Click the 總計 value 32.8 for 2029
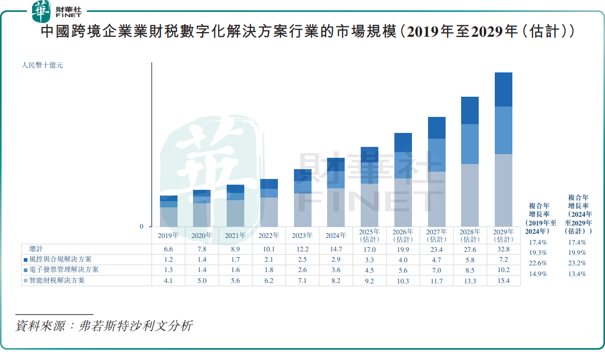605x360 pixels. click(x=503, y=249)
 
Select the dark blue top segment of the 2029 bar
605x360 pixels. click(x=503, y=89)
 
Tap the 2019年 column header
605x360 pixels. click(x=168, y=235)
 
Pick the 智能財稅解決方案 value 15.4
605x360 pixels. click(x=503, y=280)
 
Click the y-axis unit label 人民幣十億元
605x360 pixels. click(x=42, y=66)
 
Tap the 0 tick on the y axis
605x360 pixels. click(x=141, y=227)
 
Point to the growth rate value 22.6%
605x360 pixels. click(x=538, y=263)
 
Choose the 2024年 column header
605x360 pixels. click(x=335, y=235)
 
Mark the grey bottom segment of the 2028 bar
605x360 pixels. click(x=470, y=195)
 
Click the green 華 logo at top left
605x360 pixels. click(x=41, y=11)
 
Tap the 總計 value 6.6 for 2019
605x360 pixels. click(x=168, y=249)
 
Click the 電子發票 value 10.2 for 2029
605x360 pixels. click(x=503, y=270)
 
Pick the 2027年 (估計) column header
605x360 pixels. click(x=436, y=235)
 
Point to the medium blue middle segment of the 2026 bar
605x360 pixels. click(x=403, y=165)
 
